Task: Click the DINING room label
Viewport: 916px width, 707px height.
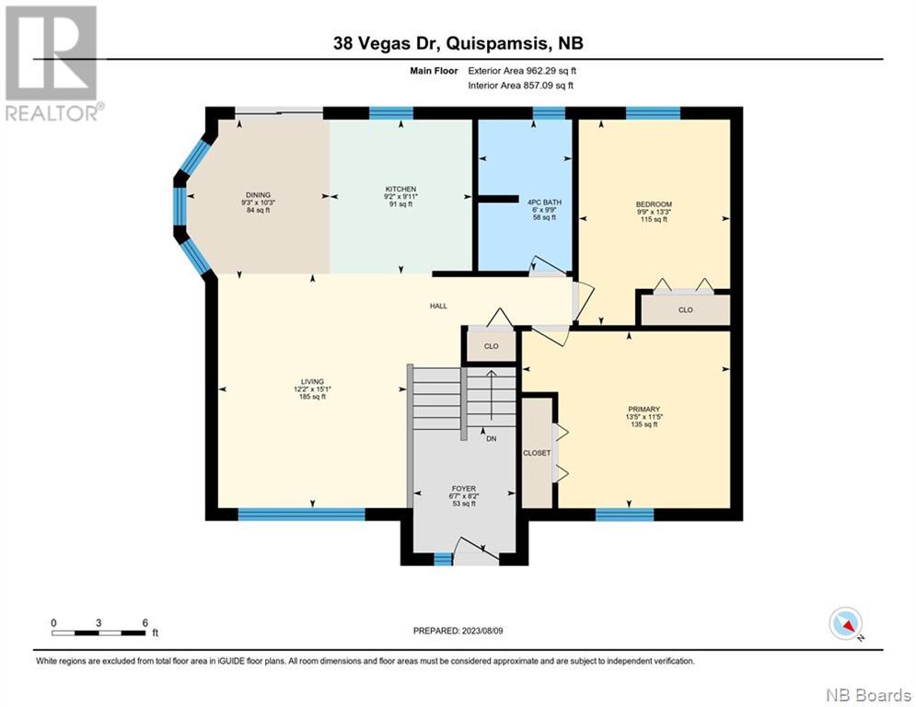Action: click(258, 195)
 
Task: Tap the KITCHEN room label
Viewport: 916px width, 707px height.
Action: click(400, 190)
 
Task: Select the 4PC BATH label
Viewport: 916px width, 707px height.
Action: click(544, 203)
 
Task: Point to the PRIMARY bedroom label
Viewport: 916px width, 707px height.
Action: click(644, 410)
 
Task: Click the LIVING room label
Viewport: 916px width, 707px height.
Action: click(312, 381)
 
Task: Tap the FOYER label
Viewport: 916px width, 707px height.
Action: click(464, 489)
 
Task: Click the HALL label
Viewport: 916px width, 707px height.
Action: click(439, 306)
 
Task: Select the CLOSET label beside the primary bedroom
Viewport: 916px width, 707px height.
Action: click(537, 453)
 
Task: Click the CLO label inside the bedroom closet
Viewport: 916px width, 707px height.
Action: click(685, 309)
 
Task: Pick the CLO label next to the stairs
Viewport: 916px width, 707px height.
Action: click(492, 346)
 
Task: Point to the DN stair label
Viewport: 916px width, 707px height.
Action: click(492, 438)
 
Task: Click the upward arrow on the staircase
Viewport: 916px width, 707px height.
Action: click(492, 395)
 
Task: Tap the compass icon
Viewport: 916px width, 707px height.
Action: click(845, 623)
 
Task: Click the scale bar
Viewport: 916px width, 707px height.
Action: click(99, 632)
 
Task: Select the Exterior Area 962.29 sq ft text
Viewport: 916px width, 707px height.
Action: click(522, 71)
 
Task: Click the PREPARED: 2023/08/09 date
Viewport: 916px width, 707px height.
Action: click(458, 631)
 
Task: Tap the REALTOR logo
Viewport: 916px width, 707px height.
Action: click(53, 64)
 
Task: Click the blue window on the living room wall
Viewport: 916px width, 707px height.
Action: click(301, 515)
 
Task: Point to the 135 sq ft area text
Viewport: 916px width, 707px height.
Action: click(644, 424)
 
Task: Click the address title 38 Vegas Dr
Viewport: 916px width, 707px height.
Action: click(386, 43)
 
